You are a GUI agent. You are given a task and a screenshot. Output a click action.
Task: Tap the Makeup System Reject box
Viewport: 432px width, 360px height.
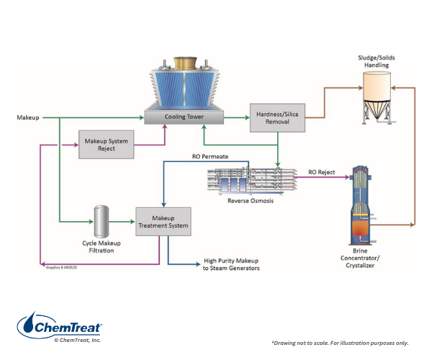(106, 145)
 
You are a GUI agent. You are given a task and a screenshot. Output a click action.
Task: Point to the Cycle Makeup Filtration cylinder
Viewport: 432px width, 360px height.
(101, 220)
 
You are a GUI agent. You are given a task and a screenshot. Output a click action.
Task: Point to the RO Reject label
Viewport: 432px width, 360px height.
(322, 173)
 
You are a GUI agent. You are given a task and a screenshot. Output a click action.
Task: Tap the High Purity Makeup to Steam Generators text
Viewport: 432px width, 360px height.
(231, 264)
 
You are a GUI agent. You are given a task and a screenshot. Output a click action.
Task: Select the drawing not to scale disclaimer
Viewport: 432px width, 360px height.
(339, 342)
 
